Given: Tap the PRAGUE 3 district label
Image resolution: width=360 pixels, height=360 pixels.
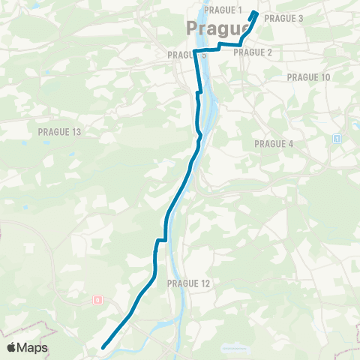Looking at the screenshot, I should click(x=283, y=18).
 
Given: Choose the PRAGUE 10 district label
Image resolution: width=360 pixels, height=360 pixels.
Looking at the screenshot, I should click(x=308, y=77).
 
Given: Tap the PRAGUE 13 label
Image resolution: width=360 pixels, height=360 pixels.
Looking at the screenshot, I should click(x=58, y=132).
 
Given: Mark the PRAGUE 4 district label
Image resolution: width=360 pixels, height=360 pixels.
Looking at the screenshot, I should click(x=274, y=143).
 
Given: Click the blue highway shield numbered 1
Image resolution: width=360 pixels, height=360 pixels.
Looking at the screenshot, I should click(x=337, y=139).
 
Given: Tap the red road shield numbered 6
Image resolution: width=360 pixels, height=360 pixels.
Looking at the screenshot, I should click(x=97, y=300).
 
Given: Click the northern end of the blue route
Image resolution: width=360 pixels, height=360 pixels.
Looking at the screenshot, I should click(x=255, y=13).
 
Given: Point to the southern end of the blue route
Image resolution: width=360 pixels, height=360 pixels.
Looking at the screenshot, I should click(x=103, y=346).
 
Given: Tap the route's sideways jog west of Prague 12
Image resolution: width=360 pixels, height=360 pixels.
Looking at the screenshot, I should click(x=160, y=240).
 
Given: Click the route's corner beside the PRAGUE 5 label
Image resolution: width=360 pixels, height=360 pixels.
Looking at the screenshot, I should click(x=195, y=51).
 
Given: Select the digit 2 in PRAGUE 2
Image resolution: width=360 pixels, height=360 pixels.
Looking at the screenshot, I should click(x=268, y=52).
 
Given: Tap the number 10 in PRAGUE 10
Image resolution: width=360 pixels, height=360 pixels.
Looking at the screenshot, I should click(x=325, y=77).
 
